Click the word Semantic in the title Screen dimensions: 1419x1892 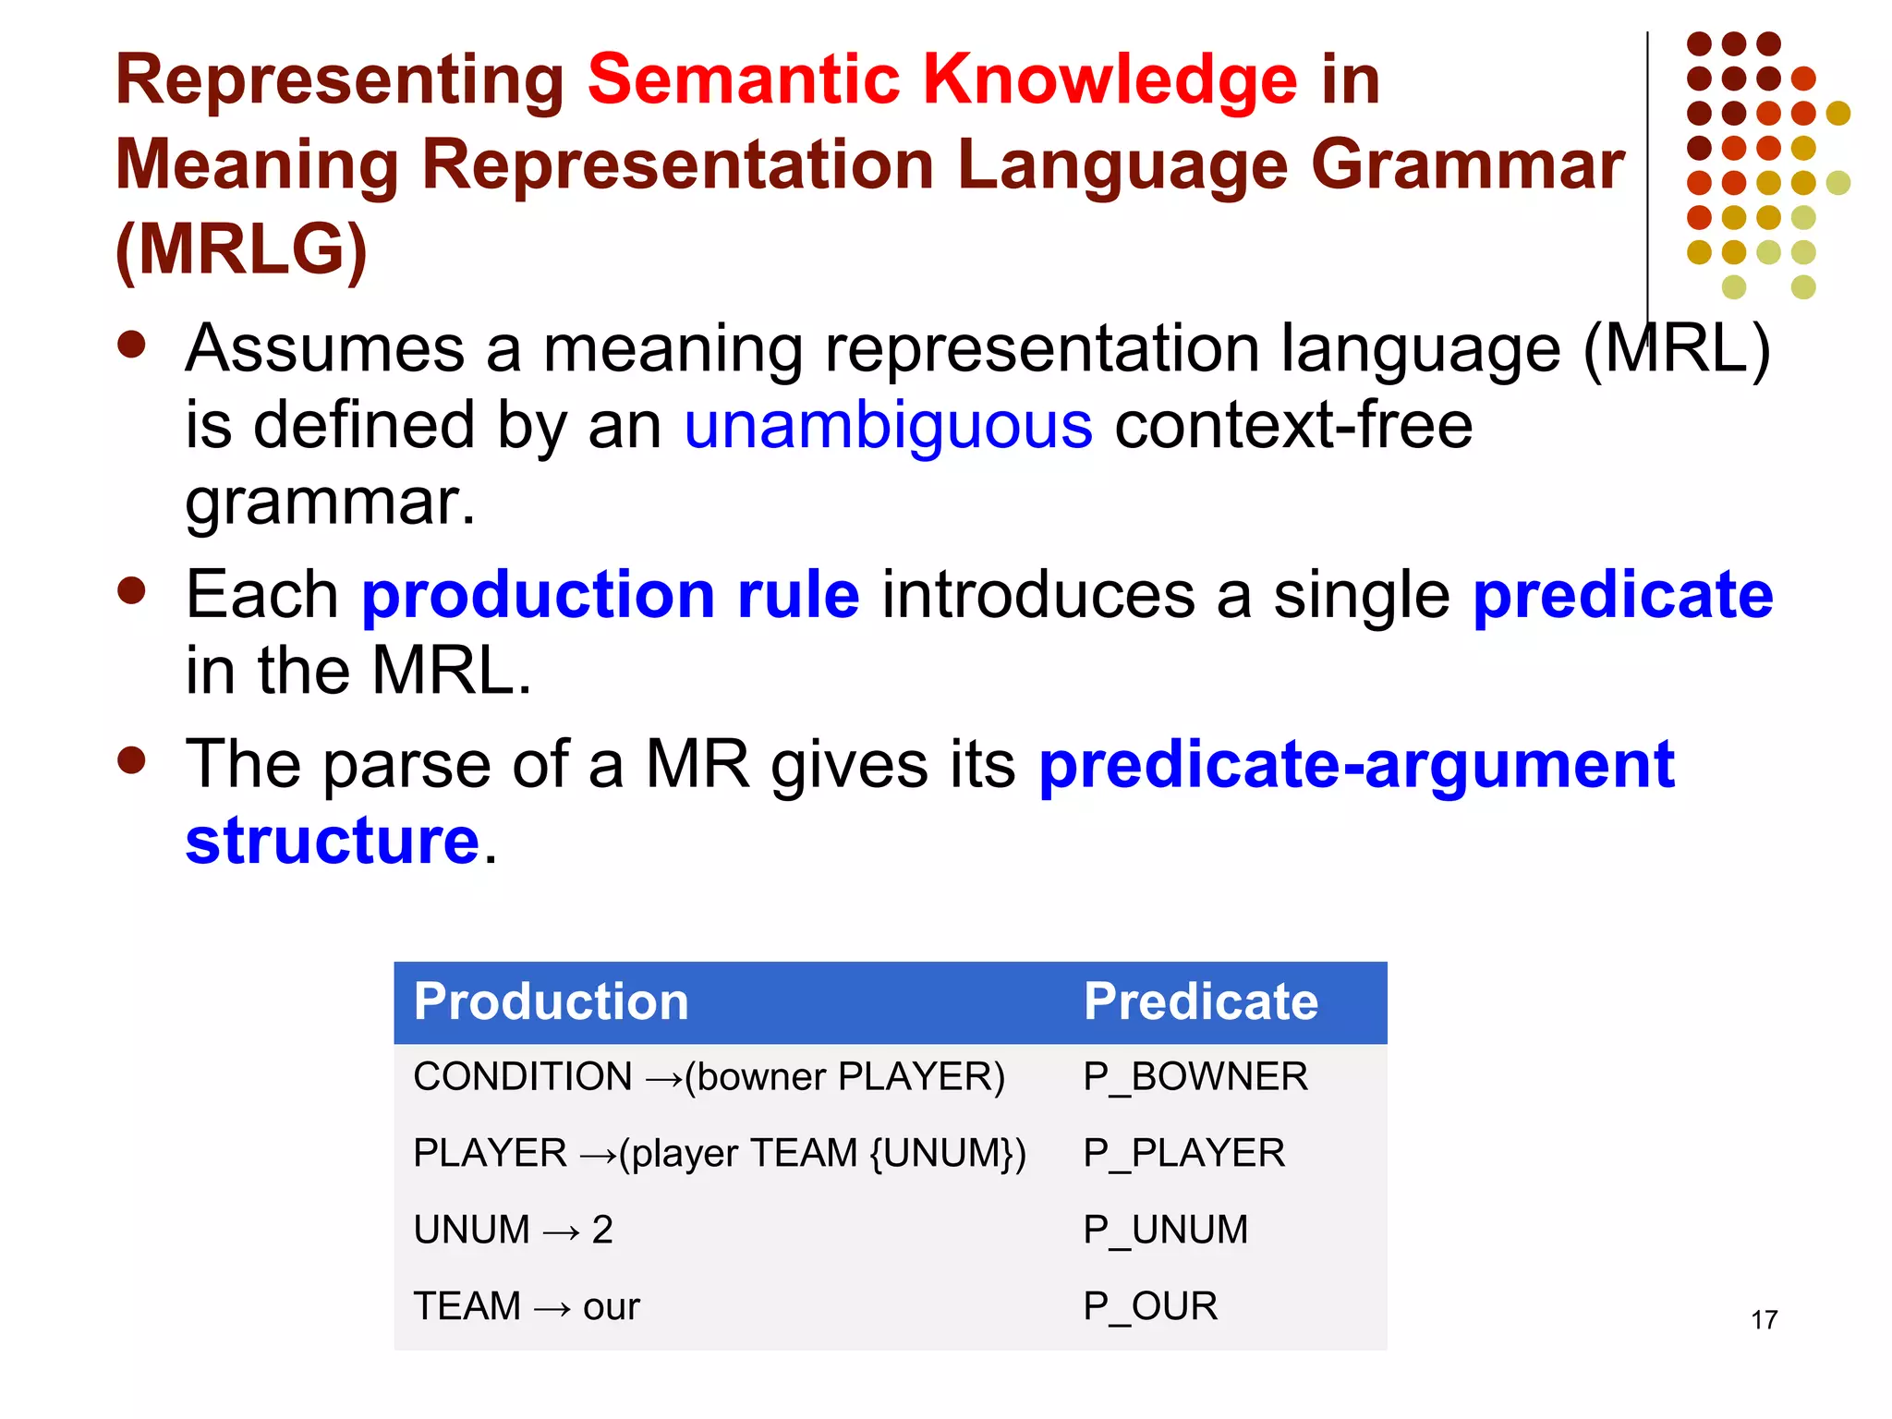[x=744, y=80]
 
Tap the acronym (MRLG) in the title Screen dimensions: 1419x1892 [x=242, y=250]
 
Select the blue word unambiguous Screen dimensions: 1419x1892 [x=888, y=426]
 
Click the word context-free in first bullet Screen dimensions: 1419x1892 [x=1293, y=426]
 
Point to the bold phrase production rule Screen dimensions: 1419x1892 [x=611, y=595]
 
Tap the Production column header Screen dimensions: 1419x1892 [x=552, y=1002]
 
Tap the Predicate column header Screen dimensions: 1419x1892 [x=1200, y=1002]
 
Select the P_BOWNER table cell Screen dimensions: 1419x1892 [x=1195, y=1077]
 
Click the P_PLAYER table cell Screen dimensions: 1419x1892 [x=1183, y=1154]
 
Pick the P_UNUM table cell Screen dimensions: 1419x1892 [x=1165, y=1231]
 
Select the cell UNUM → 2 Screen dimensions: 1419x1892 [x=514, y=1231]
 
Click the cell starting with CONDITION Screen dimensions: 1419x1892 [x=709, y=1077]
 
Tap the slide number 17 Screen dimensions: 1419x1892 [x=1764, y=1320]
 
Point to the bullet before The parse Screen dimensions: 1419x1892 [x=132, y=760]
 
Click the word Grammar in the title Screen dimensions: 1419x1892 [x=1467, y=165]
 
